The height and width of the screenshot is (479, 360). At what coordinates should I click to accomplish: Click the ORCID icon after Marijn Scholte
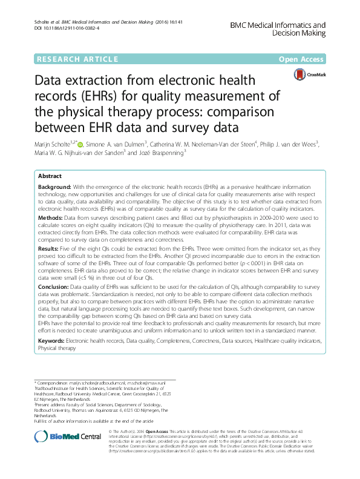(83, 144)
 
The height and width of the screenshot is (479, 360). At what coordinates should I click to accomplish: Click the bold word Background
(54, 188)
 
